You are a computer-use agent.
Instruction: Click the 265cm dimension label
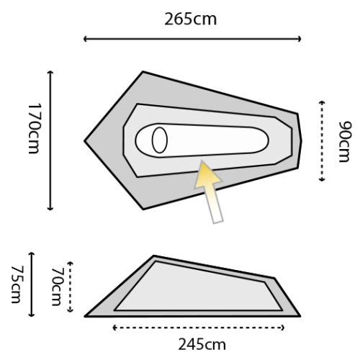pyautogui.click(x=191, y=19)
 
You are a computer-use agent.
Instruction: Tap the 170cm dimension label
pyautogui.click(x=35, y=129)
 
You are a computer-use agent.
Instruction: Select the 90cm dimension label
pyautogui.click(x=345, y=142)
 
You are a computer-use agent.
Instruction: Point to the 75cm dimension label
pyautogui.click(x=17, y=284)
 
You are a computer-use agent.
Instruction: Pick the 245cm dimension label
pyautogui.click(x=202, y=345)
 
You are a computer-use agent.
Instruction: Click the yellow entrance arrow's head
pyautogui.click(x=207, y=174)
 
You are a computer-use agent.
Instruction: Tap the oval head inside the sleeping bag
pyautogui.click(x=160, y=140)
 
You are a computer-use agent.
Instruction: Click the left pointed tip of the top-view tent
pyautogui.click(x=84, y=141)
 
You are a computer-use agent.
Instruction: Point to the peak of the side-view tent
pyautogui.click(x=154, y=256)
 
